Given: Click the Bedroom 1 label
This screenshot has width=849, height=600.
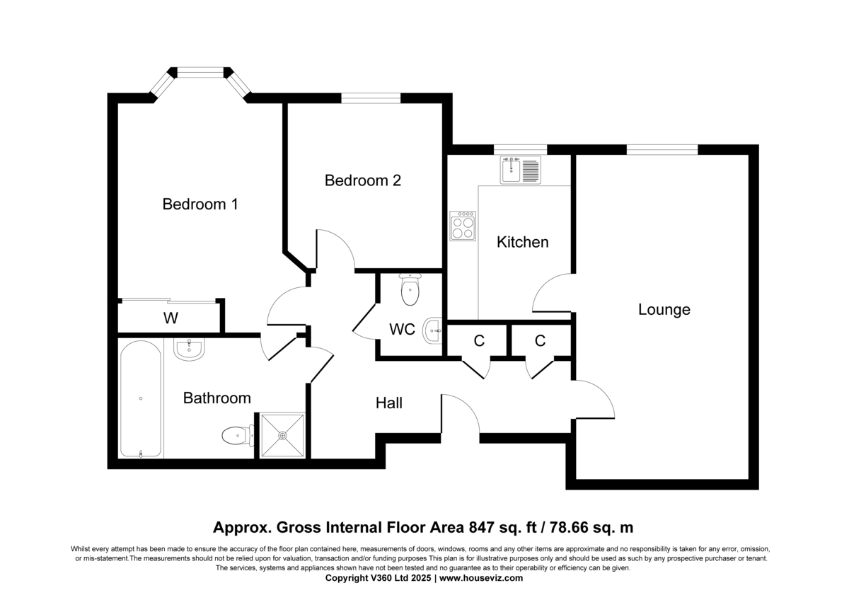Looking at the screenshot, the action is (x=200, y=204).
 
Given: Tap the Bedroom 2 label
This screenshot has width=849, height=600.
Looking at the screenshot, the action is (x=363, y=180).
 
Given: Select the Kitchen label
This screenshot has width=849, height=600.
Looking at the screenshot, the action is (x=523, y=242).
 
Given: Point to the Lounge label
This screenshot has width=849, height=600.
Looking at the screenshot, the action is (x=664, y=310).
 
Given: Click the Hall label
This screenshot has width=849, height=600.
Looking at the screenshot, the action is (x=389, y=403).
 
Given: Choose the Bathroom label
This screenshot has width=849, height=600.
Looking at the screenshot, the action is (x=216, y=398).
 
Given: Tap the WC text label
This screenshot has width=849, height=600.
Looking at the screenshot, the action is (x=402, y=330).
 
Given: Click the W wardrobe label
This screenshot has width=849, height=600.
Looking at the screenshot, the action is (x=171, y=318).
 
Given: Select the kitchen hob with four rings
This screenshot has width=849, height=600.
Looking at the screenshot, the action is (x=463, y=226).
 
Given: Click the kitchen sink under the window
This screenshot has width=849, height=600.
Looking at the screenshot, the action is (x=521, y=170).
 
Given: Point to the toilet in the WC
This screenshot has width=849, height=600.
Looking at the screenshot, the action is (x=410, y=289).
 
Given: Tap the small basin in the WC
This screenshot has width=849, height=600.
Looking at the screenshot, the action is (x=433, y=330).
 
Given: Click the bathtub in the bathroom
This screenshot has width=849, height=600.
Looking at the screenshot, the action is (x=141, y=398).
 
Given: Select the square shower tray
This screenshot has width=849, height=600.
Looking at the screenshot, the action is (x=282, y=435).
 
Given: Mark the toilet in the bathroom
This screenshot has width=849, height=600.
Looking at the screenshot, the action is (x=238, y=435).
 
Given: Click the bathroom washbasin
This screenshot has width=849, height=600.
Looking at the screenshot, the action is (x=189, y=349).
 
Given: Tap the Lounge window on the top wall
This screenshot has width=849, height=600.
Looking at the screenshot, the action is (x=662, y=150).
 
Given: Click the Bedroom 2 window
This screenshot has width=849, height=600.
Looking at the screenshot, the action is (x=371, y=98).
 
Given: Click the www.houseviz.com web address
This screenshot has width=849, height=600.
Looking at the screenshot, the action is (x=481, y=577).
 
